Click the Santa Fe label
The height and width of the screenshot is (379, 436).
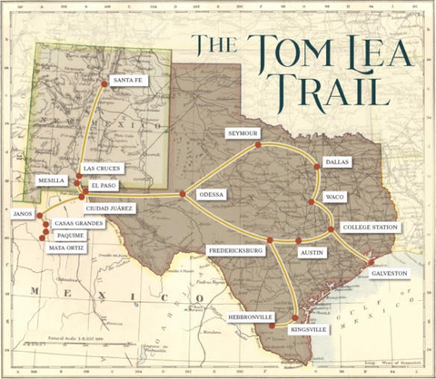pos(127,81)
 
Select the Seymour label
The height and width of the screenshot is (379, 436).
pos(243,133)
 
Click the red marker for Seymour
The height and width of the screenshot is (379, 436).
pos(258,144)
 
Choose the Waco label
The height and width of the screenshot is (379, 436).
pos(334,197)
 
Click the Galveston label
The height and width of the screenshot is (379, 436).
pos(389,273)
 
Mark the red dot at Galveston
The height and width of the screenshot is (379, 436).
pos(370,263)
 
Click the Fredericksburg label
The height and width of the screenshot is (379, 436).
pos(234,249)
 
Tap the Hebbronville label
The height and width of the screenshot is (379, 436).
pos(252,317)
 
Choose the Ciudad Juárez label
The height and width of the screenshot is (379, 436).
pos(110,208)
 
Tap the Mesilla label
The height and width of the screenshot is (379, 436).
pos(51,180)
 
